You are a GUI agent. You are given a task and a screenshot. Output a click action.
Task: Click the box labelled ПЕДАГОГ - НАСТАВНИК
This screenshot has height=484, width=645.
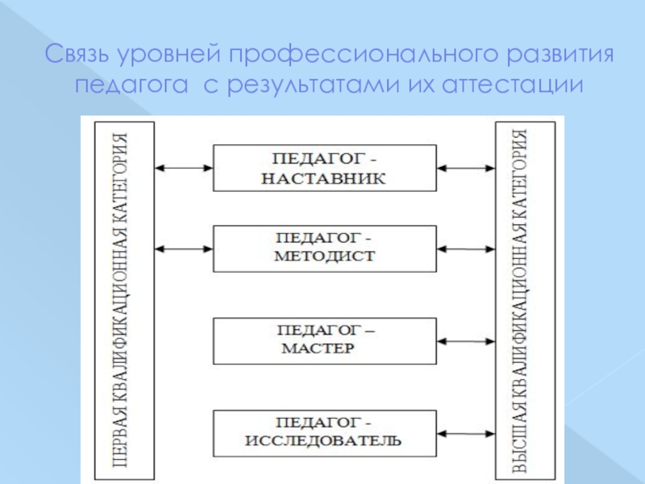point(325,168)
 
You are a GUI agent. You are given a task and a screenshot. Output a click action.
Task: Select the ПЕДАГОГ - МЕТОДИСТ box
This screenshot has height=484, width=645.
point(325,248)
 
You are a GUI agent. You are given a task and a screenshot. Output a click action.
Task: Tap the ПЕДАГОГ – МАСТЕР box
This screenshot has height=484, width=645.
point(325,340)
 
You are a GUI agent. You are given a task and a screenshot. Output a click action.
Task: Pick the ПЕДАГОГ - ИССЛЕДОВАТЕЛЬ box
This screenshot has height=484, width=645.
point(325,432)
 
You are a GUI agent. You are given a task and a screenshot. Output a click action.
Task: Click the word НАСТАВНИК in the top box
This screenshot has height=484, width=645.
point(325,179)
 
